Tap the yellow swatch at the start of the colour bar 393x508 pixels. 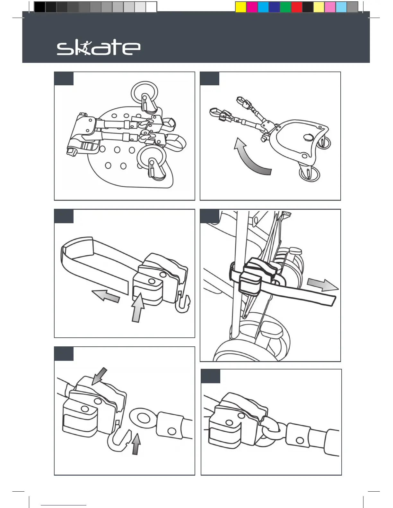240,7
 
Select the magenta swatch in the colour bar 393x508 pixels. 252,7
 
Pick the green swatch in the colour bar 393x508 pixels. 285,7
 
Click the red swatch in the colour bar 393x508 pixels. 297,7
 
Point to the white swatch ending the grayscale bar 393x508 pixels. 151,7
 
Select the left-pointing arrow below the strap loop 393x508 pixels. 106,296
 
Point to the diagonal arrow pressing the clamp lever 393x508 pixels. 99,376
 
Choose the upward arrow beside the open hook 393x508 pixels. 136,444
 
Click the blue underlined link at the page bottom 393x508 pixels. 64,505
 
